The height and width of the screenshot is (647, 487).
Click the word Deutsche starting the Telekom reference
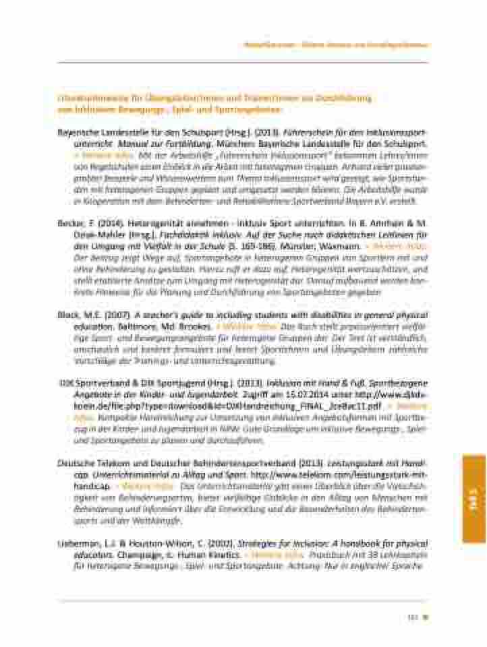[x=76, y=466]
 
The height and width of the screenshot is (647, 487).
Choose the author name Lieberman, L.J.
[x=85, y=543]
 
